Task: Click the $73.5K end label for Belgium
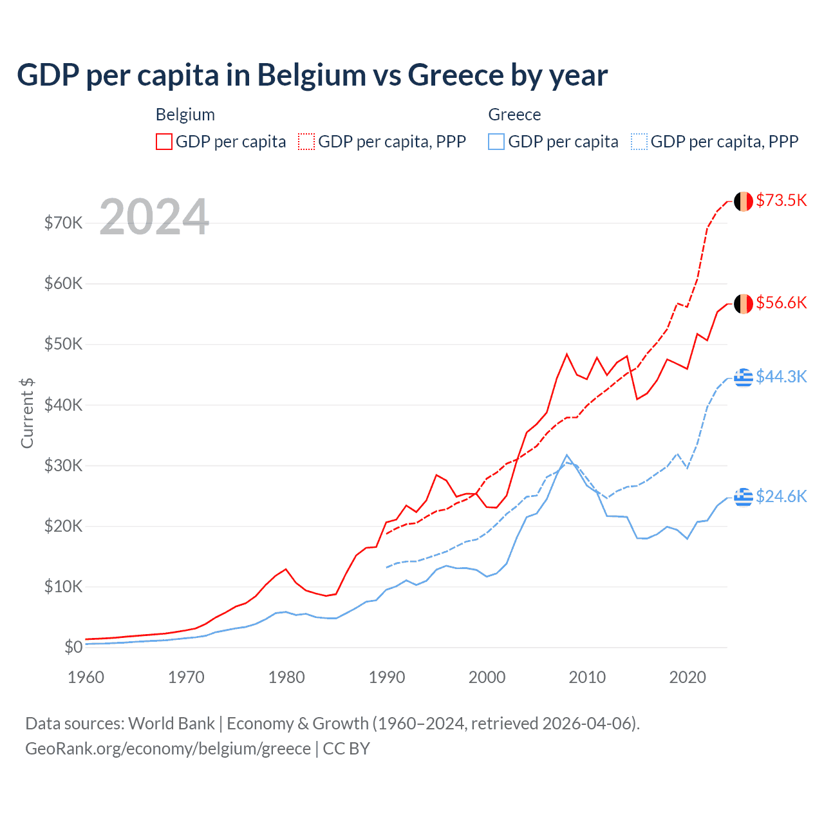click(x=781, y=200)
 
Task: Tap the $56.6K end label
click(x=781, y=303)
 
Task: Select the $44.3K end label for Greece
click(x=781, y=377)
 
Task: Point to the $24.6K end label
click(x=781, y=496)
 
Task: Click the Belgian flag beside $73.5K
click(x=744, y=201)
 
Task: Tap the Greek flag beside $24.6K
click(x=744, y=497)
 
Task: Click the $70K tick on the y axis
click(x=63, y=223)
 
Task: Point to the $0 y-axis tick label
click(x=73, y=647)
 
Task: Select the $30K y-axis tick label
click(x=63, y=465)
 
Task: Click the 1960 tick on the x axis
click(x=86, y=677)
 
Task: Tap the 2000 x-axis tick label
click(x=487, y=677)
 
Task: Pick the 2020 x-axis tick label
click(x=688, y=677)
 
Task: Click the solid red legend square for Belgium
click(x=164, y=142)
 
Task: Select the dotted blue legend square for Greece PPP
click(x=639, y=142)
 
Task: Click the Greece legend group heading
click(x=514, y=115)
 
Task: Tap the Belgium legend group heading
click(x=185, y=115)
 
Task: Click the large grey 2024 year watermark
click(x=154, y=217)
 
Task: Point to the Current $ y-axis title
click(x=27, y=413)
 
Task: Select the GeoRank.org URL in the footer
click(x=167, y=749)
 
